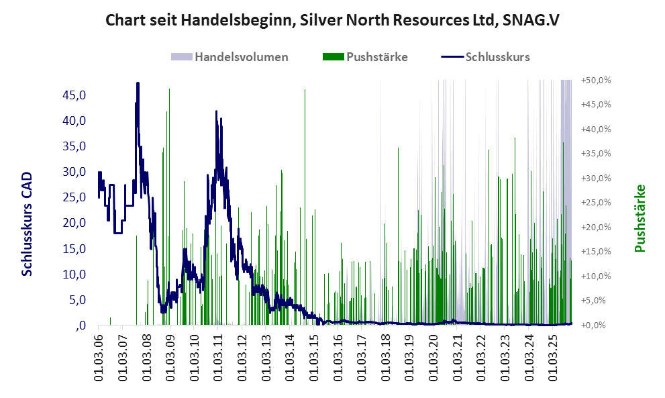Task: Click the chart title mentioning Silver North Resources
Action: pyautogui.click(x=332, y=20)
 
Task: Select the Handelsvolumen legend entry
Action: pyautogui.click(x=241, y=56)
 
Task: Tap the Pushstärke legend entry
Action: pyautogui.click(x=376, y=56)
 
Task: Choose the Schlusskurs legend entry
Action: pyautogui.click(x=497, y=56)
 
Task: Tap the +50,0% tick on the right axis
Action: pyautogui.click(x=596, y=80)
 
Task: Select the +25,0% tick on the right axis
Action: pyautogui.click(x=596, y=202)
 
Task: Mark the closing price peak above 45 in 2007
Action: pyautogui.click(x=138, y=84)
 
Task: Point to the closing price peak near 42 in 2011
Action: pyautogui.click(x=216, y=112)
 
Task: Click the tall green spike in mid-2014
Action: pyautogui.click(x=305, y=90)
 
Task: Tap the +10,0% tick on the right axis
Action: pyautogui.click(x=596, y=276)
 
